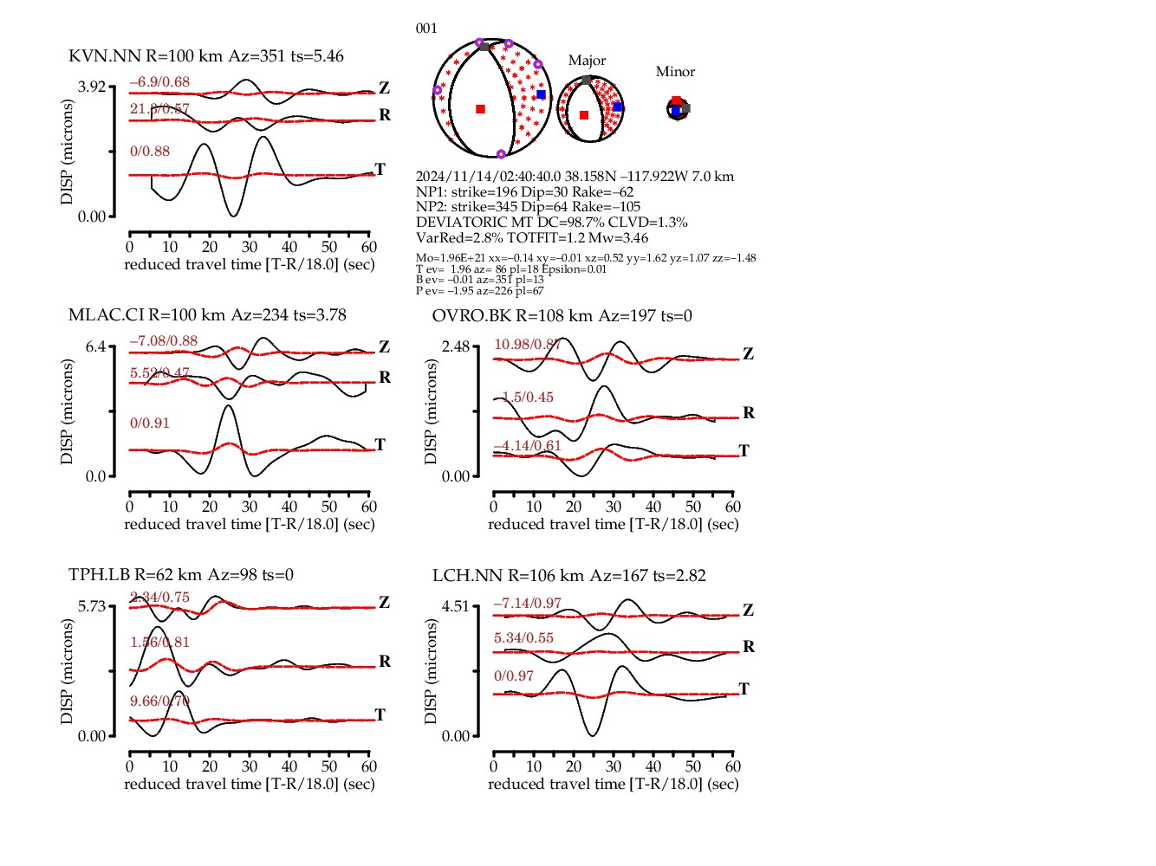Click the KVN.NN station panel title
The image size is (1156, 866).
click(206, 56)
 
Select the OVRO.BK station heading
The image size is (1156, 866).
click(562, 316)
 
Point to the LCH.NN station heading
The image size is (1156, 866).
click(568, 576)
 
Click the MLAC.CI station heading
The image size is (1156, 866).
click(207, 315)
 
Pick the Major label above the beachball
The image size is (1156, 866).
click(587, 61)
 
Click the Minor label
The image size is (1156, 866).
click(675, 72)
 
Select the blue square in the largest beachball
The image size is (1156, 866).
click(542, 94)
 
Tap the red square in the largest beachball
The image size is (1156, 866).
click(481, 109)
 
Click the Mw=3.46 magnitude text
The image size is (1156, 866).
click(620, 238)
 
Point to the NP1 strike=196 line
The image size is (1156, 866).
click(524, 192)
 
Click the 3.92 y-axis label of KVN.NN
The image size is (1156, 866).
click(92, 87)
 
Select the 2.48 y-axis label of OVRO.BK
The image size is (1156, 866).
click(456, 346)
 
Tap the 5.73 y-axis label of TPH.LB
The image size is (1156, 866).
click(92, 606)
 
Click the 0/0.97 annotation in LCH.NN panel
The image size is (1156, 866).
click(514, 676)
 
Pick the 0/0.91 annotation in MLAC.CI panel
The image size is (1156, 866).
click(150, 423)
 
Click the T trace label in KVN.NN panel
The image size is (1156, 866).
click(380, 169)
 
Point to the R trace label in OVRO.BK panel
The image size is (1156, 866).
click(749, 413)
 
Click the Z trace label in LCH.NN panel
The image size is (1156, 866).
click(749, 611)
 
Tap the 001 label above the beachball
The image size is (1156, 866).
click(426, 29)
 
